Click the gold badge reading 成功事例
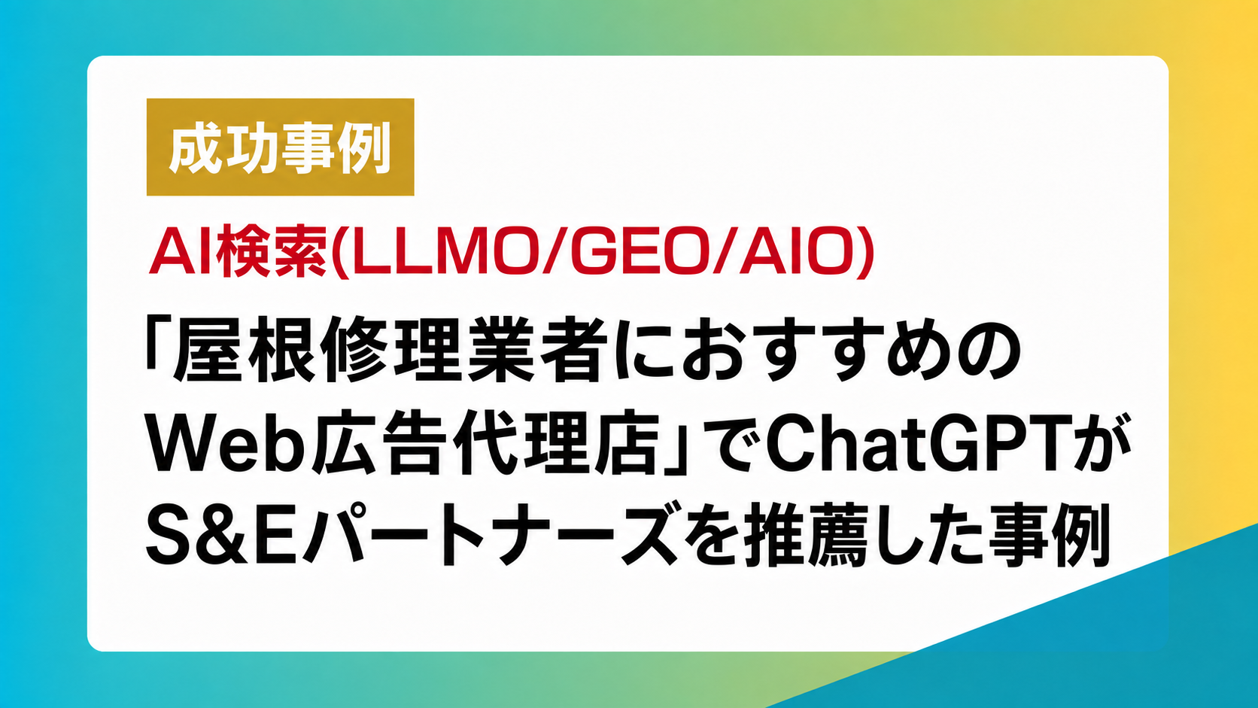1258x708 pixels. [280, 147]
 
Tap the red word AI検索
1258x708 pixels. [238, 251]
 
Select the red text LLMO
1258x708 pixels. [440, 251]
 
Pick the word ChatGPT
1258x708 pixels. [904, 445]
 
